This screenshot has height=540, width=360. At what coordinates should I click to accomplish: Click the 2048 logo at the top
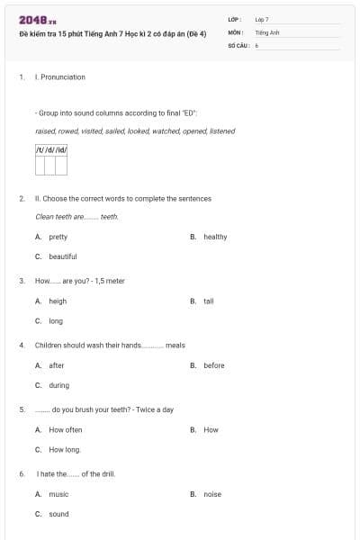click(38, 20)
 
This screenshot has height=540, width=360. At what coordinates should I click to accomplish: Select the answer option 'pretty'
click(58, 237)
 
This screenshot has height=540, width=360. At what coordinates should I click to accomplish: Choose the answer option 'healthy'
click(215, 237)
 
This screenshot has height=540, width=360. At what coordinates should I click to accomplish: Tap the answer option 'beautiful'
click(63, 256)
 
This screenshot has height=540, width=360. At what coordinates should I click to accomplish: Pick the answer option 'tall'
click(209, 301)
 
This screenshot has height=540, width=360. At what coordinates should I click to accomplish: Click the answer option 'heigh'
click(58, 301)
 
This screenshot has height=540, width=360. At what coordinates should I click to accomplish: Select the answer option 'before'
click(214, 365)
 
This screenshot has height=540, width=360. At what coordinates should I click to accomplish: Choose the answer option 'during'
click(58, 385)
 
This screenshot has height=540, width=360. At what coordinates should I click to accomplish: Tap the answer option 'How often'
click(66, 430)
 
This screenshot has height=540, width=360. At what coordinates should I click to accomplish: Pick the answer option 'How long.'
click(66, 449)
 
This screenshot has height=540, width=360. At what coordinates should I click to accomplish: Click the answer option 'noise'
click(212, 494)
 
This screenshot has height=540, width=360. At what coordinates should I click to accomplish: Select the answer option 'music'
click(58, 494)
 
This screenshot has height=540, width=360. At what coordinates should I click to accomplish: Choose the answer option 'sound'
click(58, 514)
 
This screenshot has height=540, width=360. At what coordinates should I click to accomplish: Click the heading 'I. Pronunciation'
click(60, 77)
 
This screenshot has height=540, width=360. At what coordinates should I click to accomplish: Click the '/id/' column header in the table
click(61, 149)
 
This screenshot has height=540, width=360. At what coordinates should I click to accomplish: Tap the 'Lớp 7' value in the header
click(262, 19)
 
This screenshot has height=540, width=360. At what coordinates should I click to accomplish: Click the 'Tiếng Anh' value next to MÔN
click(267, 31)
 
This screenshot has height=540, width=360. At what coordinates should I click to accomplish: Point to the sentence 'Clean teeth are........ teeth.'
click(76, 217)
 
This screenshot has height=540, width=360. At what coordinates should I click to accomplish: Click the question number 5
click(22, 409)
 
